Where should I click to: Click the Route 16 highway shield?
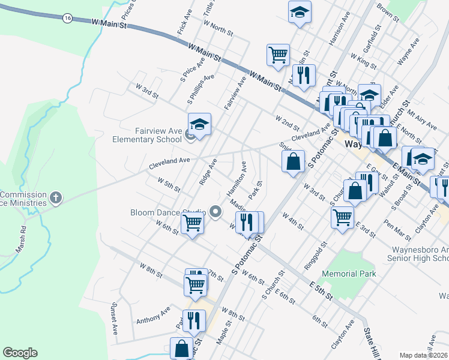click(67, 19)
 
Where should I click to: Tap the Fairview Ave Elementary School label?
click(147, 135)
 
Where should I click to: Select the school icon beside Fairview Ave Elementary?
click(199, 125)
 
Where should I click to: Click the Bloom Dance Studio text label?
click(168, 212)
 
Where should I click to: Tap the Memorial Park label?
click(349, 274)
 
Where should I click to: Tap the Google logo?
click(20, 353)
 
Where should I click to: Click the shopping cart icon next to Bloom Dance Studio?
click(193, 223)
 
